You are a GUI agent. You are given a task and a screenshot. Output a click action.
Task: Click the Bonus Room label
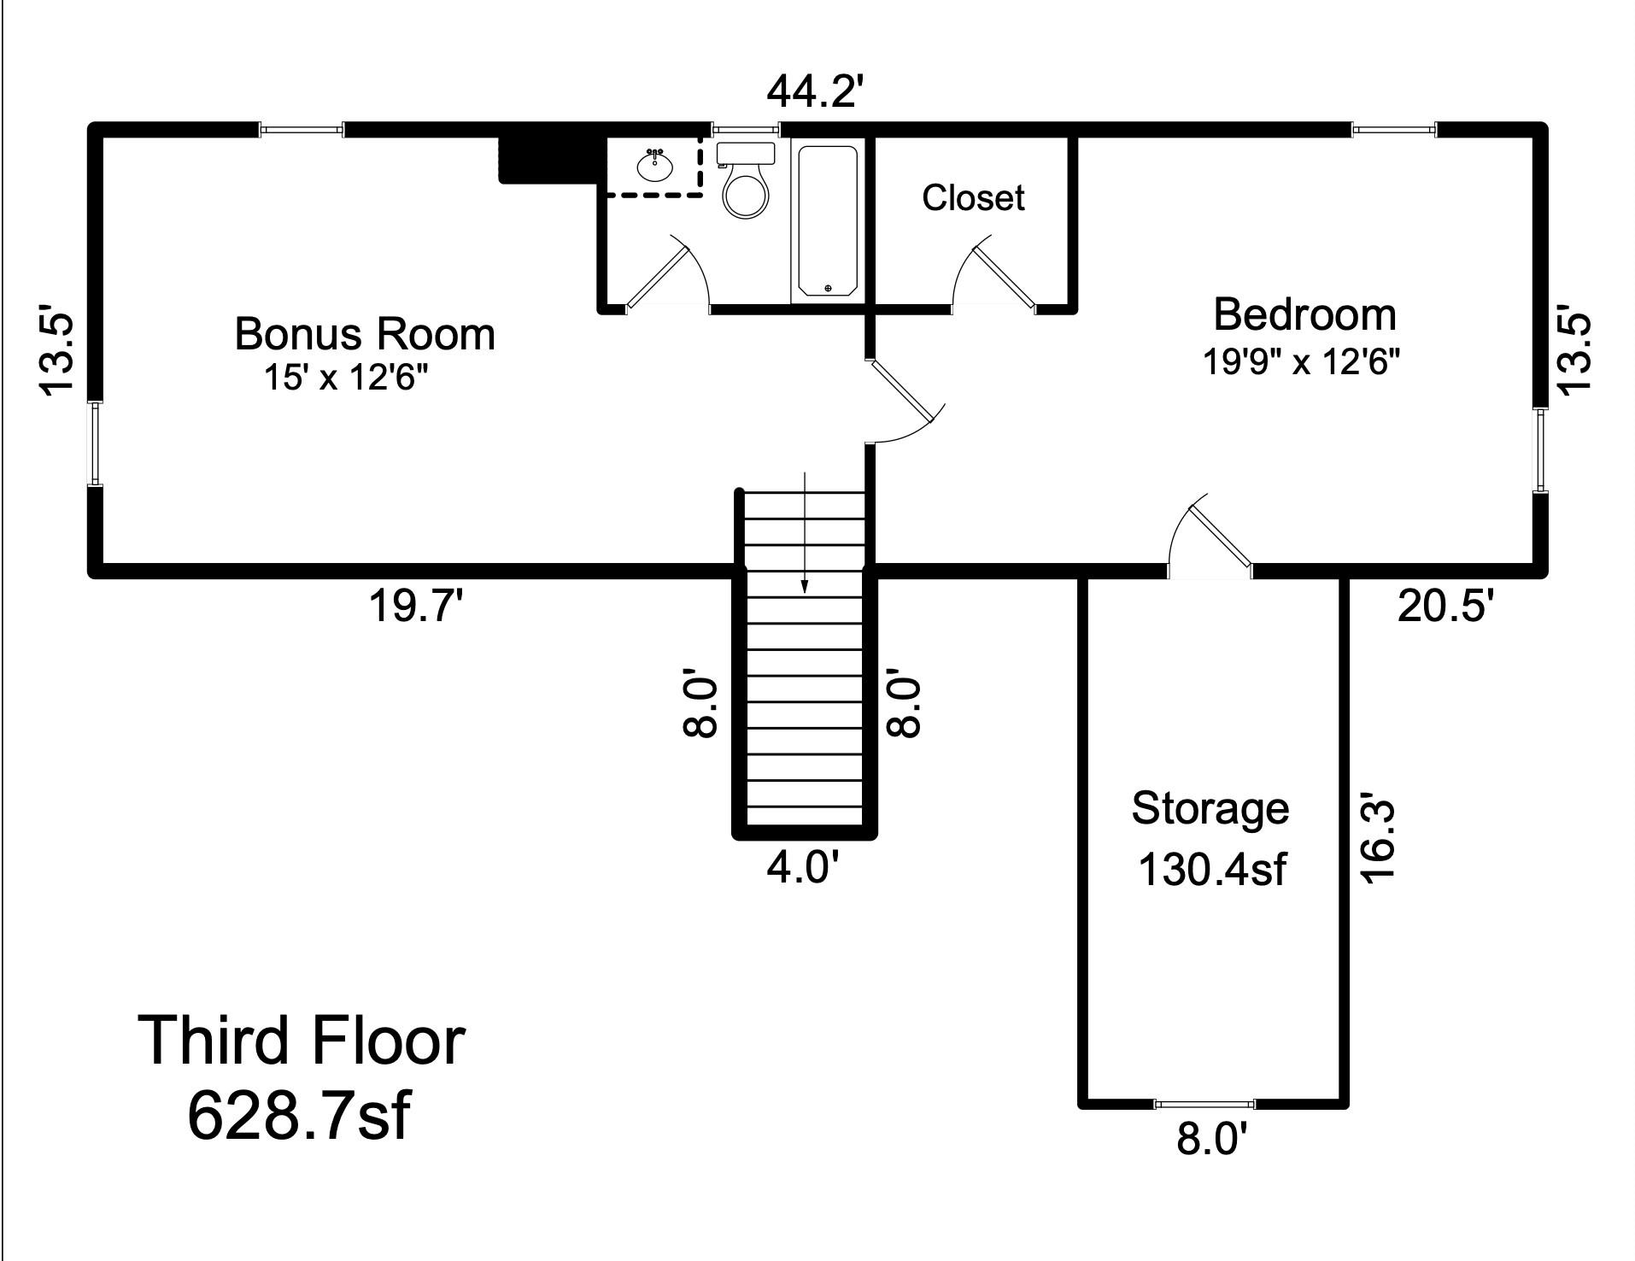(365, 334)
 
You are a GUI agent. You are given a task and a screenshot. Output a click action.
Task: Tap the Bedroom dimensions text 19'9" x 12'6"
(1302, 362)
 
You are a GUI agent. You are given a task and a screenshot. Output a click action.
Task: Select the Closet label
(973, 197)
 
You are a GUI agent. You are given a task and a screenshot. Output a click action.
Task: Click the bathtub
(827, 221)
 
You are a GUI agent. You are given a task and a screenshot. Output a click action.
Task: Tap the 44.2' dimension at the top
(811, 91)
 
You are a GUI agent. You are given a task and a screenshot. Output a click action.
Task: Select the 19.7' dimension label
(416, 607)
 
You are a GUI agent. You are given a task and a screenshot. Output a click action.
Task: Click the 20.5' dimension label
(1445, 607)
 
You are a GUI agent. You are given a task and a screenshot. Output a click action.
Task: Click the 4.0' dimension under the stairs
(803, 868)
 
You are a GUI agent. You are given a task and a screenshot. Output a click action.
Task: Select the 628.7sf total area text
(298, 1115)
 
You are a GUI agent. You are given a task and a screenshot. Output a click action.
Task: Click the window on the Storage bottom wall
(1204, 1105)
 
